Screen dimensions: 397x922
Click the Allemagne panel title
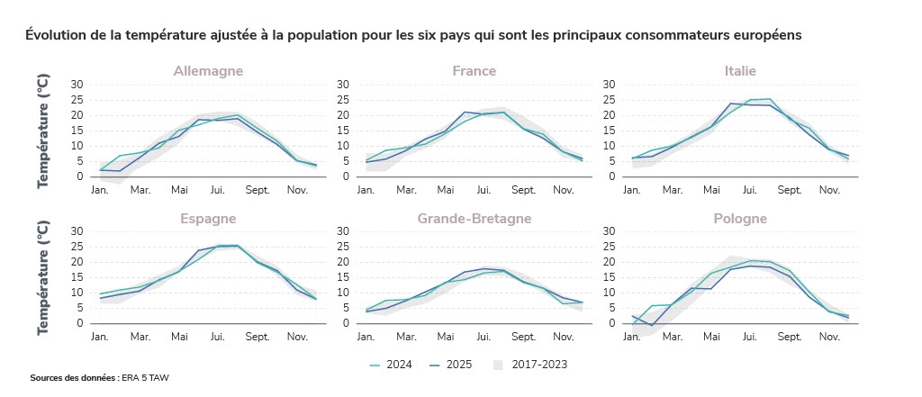point(208,71)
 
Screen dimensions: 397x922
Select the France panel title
point(474,71)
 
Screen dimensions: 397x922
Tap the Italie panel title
point(740,71)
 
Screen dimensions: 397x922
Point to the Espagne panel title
point(208,219)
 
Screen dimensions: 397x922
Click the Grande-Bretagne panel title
point(474,219)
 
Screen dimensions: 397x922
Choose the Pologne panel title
point(740,219)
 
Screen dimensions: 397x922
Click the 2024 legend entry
point(392,365)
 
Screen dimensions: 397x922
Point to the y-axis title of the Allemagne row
point(43,131)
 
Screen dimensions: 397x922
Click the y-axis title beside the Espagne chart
point(43,278)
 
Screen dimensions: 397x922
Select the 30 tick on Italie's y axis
point(609,85)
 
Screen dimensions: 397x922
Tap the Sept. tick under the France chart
point(523,190)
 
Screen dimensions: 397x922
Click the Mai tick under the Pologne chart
point(711,337)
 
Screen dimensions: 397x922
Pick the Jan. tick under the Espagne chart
point(100,337)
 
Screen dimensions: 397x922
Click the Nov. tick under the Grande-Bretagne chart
point(563,337)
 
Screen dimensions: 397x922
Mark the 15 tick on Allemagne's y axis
point(77,131)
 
